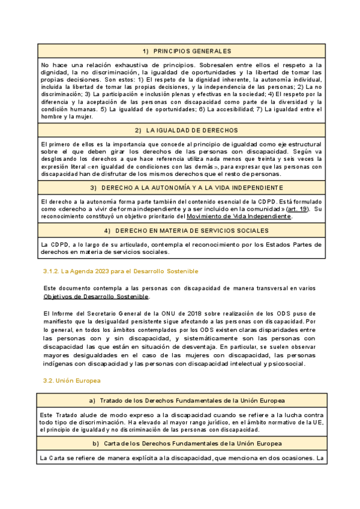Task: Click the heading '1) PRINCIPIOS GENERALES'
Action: (x=181, y=51)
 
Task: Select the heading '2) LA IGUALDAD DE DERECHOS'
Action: (x=181, y=130)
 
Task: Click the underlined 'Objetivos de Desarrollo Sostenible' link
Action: (x=95, y=297)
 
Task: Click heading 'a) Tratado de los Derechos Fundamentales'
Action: (x=181, y=400)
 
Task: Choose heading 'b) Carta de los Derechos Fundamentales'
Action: (x=181, y=444)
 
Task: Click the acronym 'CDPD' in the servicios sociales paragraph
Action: (x=53, y=245)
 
